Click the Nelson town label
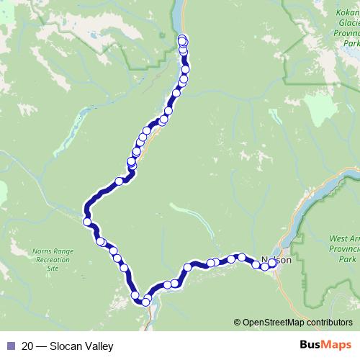pyautogui.click(x=277, y=260)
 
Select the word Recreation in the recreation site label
pyautogui.click(x=53, y=260)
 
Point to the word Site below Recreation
pyautogui.click(x=53, y=268)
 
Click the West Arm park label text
pyautogui.click(x=343, y=238)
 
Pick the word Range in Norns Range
pyautogui.click(x=61, y=252)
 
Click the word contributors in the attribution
pyautogui.click(x=330, y=323)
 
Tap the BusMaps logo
pyautogui.click(x=327, y=346)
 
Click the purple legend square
pyautogui.click(x=10, y=346)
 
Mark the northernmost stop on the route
pyautogui.click(x=181, y=39)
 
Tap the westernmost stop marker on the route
pyautogui.click(x=88, y=222)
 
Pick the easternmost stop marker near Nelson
pyautogui.click(x=273, y=263)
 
